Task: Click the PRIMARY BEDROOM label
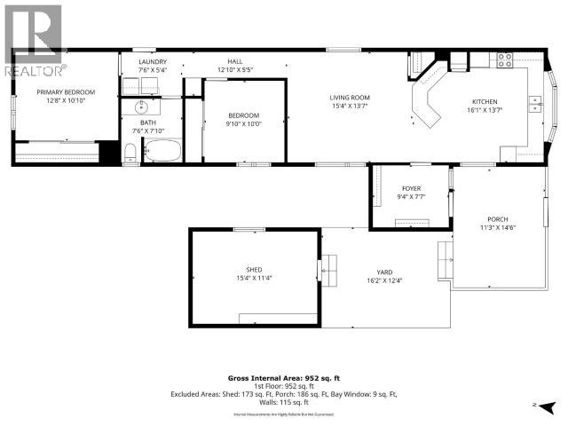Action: (66, 91)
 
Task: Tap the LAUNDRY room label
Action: (153, 60)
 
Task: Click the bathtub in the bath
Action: (162, 151)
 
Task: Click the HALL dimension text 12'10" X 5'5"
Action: (236, 69)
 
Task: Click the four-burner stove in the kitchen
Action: (503, 60)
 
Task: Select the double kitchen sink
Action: (536, 105)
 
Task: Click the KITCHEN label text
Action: (484, 102)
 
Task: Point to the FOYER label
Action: (411, 188)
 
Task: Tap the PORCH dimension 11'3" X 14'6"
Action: (497, 227)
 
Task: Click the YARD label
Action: (384, 272)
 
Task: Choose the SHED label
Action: (254, 269)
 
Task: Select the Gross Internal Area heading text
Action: (282, 376)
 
